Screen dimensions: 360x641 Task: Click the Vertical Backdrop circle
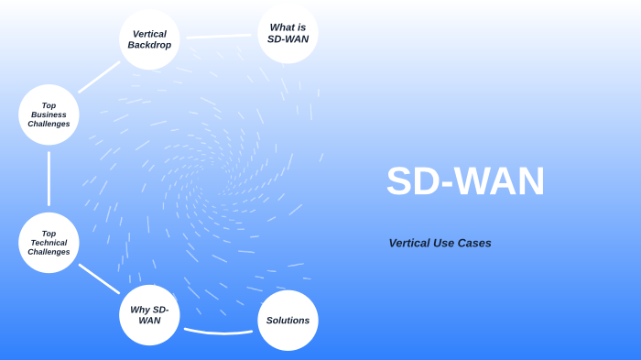coord(149,39)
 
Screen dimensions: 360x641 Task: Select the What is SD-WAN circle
coord(288,34)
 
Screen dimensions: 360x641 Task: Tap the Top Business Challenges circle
coord(49,115)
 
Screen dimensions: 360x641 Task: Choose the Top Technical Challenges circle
coord(49,243)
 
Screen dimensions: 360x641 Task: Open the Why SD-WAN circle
coord(149,315)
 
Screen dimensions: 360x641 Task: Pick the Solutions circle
coord(288,321)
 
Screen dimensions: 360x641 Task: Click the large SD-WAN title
coord(465,181)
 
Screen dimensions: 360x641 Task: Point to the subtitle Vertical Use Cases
coord(440,243)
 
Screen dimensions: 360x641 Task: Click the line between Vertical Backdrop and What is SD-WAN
coord(219,37)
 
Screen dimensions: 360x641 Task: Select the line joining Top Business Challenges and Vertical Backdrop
coord(99,77)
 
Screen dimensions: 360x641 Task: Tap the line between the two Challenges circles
coord(49,179)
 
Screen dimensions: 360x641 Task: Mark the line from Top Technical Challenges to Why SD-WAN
coord(99,278)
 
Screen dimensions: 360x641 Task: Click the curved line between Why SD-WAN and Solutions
coord(219,332)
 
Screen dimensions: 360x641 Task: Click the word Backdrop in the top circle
coord(149,45)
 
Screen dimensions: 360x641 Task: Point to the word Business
coord(49,115)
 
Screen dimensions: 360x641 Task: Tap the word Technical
coord(49,243)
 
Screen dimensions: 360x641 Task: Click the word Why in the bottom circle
coord(140,310)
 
